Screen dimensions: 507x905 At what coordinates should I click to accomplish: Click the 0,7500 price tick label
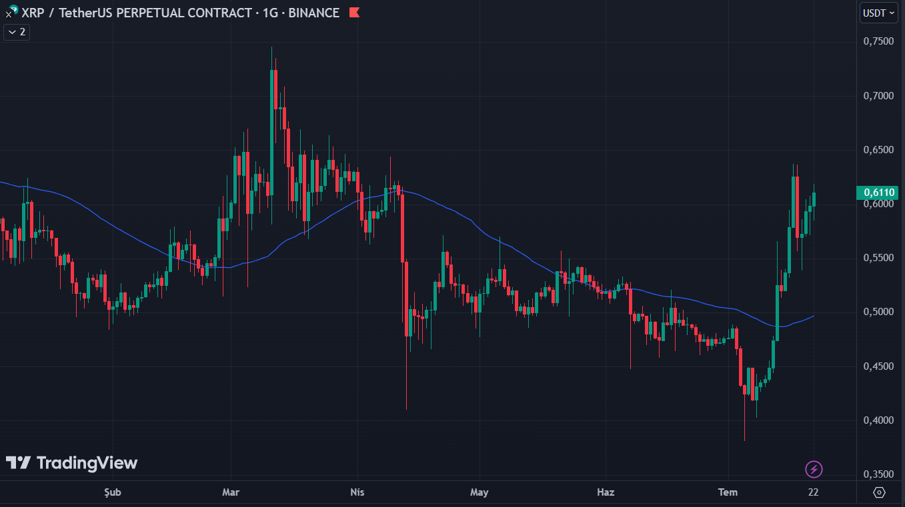[878, 41]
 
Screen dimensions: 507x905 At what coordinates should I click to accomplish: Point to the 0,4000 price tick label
[878, 420]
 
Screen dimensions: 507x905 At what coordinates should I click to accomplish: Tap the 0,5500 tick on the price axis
[878, 258]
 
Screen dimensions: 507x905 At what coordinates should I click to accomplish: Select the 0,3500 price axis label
[878, 474]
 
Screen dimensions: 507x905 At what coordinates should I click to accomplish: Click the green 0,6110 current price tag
[878, 193]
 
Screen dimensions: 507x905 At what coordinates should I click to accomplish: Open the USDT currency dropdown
[878, 13]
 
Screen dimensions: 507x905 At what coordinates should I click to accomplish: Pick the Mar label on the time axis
[231, 492]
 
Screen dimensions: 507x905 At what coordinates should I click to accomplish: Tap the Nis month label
[357, 492]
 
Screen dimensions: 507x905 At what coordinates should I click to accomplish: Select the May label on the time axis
[479, 492]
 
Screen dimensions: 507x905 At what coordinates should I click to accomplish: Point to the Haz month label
[605, 492]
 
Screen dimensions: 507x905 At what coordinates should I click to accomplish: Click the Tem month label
[728, 492]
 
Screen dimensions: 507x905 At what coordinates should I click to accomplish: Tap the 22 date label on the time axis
[813, 492]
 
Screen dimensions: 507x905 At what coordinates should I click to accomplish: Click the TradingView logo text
[86, 463]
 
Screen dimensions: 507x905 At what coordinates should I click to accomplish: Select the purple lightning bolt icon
[814, 469]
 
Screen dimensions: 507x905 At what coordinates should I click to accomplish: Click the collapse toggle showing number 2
[17, 31]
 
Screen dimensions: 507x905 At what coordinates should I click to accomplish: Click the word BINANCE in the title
[313, 13]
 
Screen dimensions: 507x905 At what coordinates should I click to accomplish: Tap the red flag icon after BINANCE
[354, 13]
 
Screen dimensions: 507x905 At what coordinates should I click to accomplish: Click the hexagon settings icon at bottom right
[879, 492]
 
